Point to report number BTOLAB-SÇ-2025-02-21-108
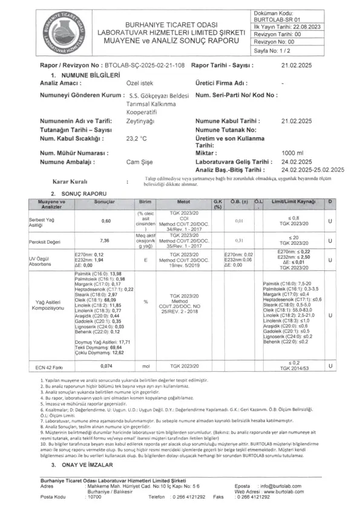point(146,64)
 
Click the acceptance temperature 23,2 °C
point(136,138)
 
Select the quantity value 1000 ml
point(292,153)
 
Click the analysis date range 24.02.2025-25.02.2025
point(307,170)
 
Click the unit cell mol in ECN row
point(145,366)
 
